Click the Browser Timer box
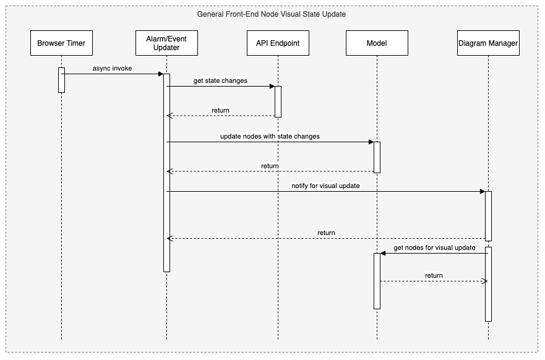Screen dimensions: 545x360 61,43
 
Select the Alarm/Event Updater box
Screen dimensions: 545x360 166,43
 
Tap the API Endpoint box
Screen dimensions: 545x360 278,43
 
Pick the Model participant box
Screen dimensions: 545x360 377,43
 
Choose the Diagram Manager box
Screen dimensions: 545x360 488,43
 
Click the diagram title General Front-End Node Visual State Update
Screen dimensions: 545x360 272,14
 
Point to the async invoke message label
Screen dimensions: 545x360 112,69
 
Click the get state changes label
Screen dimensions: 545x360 220,80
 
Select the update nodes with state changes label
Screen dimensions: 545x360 270,136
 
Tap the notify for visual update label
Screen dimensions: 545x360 325,186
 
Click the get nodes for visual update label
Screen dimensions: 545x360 434,248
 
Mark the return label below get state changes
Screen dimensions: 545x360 220,111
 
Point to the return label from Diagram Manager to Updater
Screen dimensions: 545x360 326,233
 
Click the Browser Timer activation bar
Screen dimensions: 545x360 61,80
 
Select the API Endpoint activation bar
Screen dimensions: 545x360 278,102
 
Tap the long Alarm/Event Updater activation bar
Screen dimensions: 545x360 166,173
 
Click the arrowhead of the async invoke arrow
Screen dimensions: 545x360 161,74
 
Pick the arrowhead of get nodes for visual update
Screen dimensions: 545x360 383,254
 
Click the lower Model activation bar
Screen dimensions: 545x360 377,281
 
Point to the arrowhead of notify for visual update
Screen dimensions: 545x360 483,192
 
